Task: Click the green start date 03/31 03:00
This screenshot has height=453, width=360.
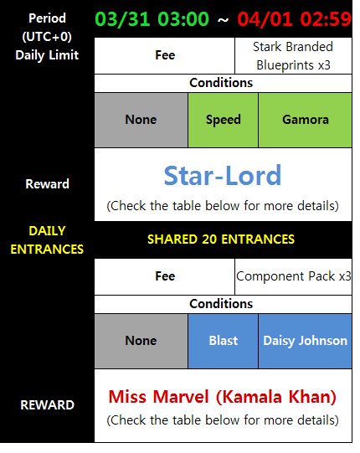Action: (152, 19)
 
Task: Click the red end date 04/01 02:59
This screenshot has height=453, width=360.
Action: (294, 19)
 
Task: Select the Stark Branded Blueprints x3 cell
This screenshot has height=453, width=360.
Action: (293, 56)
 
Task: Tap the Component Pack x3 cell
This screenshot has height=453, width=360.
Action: (293, 276)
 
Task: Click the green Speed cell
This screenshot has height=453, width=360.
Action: (223, 120)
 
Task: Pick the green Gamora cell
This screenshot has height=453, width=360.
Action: (305, 120)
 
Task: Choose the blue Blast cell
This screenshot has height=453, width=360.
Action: (223, 341)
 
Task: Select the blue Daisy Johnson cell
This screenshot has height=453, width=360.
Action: (305, 341)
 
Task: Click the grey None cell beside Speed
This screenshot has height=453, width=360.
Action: (141, 120)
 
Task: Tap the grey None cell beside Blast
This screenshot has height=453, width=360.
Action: (141, 341)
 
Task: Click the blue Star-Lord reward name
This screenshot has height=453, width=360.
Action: (223, 175)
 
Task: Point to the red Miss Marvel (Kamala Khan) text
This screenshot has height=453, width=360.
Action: (223, 397)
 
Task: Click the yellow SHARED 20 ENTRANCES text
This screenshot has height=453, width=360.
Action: (221, 239)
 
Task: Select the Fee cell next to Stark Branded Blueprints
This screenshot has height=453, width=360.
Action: (165, 56)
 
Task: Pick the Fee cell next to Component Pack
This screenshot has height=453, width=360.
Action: (165, 276)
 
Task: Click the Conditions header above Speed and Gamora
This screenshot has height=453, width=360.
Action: (221, 83)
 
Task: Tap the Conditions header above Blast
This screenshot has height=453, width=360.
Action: (221, 304)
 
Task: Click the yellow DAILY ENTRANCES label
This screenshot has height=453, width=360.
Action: (47, 240)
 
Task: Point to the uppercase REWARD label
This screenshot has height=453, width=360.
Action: (48, 405)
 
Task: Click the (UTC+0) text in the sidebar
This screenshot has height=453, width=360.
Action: (47, 37)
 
